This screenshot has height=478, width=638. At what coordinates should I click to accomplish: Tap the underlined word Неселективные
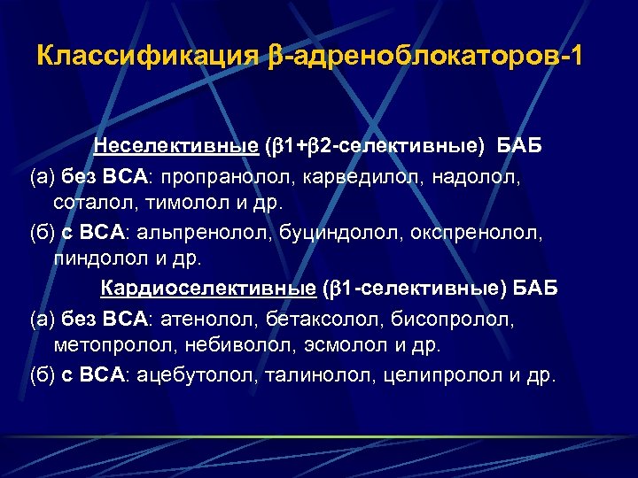(x=176, y=145)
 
